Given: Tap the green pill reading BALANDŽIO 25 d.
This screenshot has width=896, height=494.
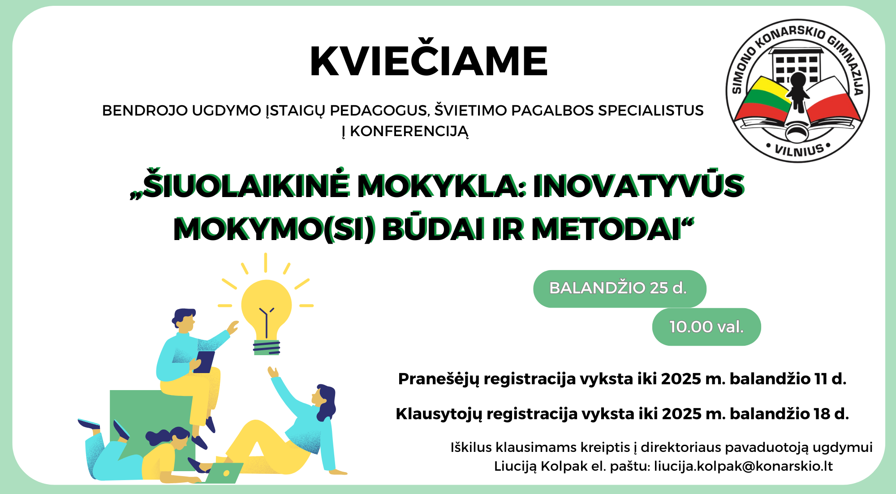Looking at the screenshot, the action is pos(620,288).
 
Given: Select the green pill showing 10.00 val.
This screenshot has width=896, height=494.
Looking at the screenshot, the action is pos(706,327).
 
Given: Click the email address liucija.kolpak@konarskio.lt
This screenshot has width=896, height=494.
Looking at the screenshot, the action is pos(743,466).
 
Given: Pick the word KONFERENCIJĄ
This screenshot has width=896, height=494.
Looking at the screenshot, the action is pos(409,132).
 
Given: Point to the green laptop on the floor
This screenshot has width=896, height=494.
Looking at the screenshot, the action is pos(224,473).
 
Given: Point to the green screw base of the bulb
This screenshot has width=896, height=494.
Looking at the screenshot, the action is pos(267,348).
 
